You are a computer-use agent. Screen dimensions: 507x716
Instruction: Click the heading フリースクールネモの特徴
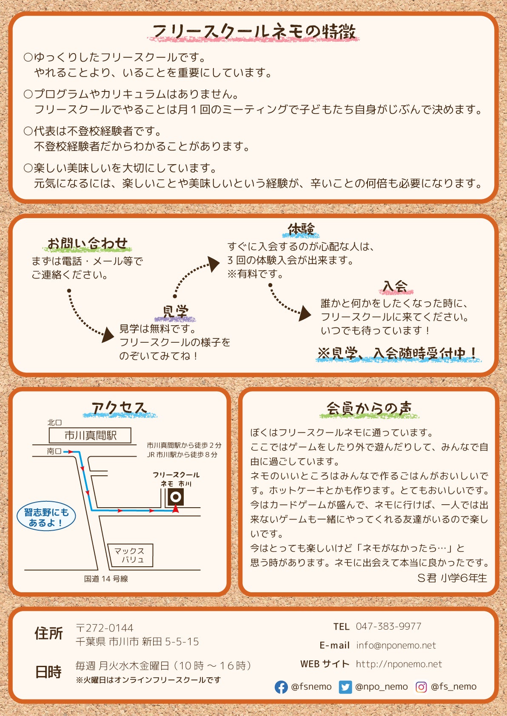click(254, 32)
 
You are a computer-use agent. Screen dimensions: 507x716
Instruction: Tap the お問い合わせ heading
click(87, 243)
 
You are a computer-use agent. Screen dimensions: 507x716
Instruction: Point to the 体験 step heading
click(301, 229)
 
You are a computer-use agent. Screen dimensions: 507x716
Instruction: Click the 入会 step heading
click(396, 286)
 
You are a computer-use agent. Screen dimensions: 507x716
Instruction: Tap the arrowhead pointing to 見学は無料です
click(108, 335)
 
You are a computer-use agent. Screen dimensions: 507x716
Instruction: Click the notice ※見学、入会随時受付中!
click(397, 353)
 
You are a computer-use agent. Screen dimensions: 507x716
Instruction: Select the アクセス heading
click(119, 409)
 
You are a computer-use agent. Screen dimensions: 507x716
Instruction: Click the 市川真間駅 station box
click(90, 435)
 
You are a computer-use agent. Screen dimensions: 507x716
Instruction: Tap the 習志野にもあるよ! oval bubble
click(46, 517)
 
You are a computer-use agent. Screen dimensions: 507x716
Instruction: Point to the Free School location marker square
click(176, 497)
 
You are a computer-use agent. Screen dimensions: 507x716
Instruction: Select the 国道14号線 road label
click(106, 579)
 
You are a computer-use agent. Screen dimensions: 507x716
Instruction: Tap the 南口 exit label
click(54, 451)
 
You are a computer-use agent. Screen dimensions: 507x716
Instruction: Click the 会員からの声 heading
click(369, 409)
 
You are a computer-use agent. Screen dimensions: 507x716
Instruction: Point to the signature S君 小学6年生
click(452, 578)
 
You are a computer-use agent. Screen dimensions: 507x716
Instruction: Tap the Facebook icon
click(281, 687)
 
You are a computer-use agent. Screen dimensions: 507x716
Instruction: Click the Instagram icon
click(421, 687)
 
